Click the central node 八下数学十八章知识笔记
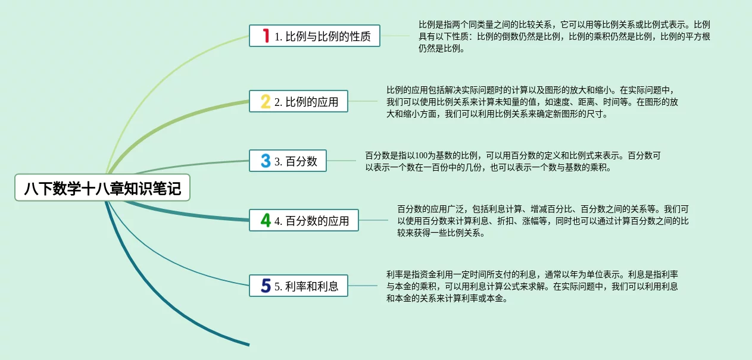[102, 187]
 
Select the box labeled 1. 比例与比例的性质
[314, 36]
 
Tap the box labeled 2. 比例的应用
[298, 101]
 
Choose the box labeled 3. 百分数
[288, 161]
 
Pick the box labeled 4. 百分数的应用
[304, 220]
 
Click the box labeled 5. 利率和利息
[298, 286]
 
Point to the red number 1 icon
[266, 36]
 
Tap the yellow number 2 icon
[266, 101]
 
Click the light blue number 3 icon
[266, 161]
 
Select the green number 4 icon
[266, 220]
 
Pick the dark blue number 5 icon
[266, 286]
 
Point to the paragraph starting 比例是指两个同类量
[564, 36]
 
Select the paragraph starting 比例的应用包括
[532, 102]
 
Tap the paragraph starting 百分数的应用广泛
[543, 221]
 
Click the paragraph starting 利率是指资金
[532, 286]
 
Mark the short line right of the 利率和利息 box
[363, 286]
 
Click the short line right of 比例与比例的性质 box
[395, 36]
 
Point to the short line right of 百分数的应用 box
[373, 220]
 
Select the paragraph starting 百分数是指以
[513, 161]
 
